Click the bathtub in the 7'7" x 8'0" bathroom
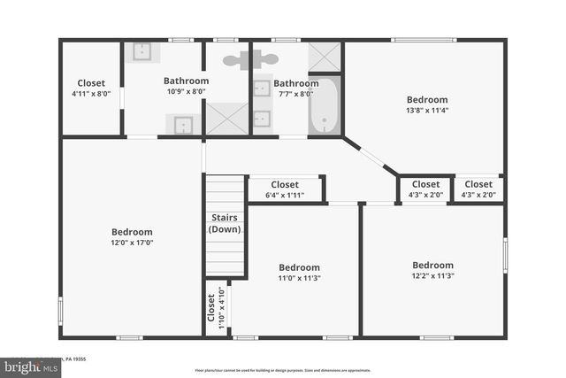(325, 106)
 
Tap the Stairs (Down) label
(225, 223)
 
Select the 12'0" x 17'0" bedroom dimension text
(131, 243)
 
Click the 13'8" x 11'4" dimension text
(427, 111)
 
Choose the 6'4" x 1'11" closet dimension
(285, 195)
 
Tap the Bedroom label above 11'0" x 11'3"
(298, 267)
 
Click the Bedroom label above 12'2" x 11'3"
(432, 265)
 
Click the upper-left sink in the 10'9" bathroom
(142, 51)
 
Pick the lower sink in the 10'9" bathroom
(183, 125)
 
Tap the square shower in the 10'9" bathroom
(227, 118)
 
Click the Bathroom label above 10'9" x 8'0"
(186, 81)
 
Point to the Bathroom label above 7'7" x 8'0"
(295, 83)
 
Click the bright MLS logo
(27, 366)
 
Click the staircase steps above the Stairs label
(225, 193)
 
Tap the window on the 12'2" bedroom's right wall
(505, 255)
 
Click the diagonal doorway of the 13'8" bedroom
(371, 156)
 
